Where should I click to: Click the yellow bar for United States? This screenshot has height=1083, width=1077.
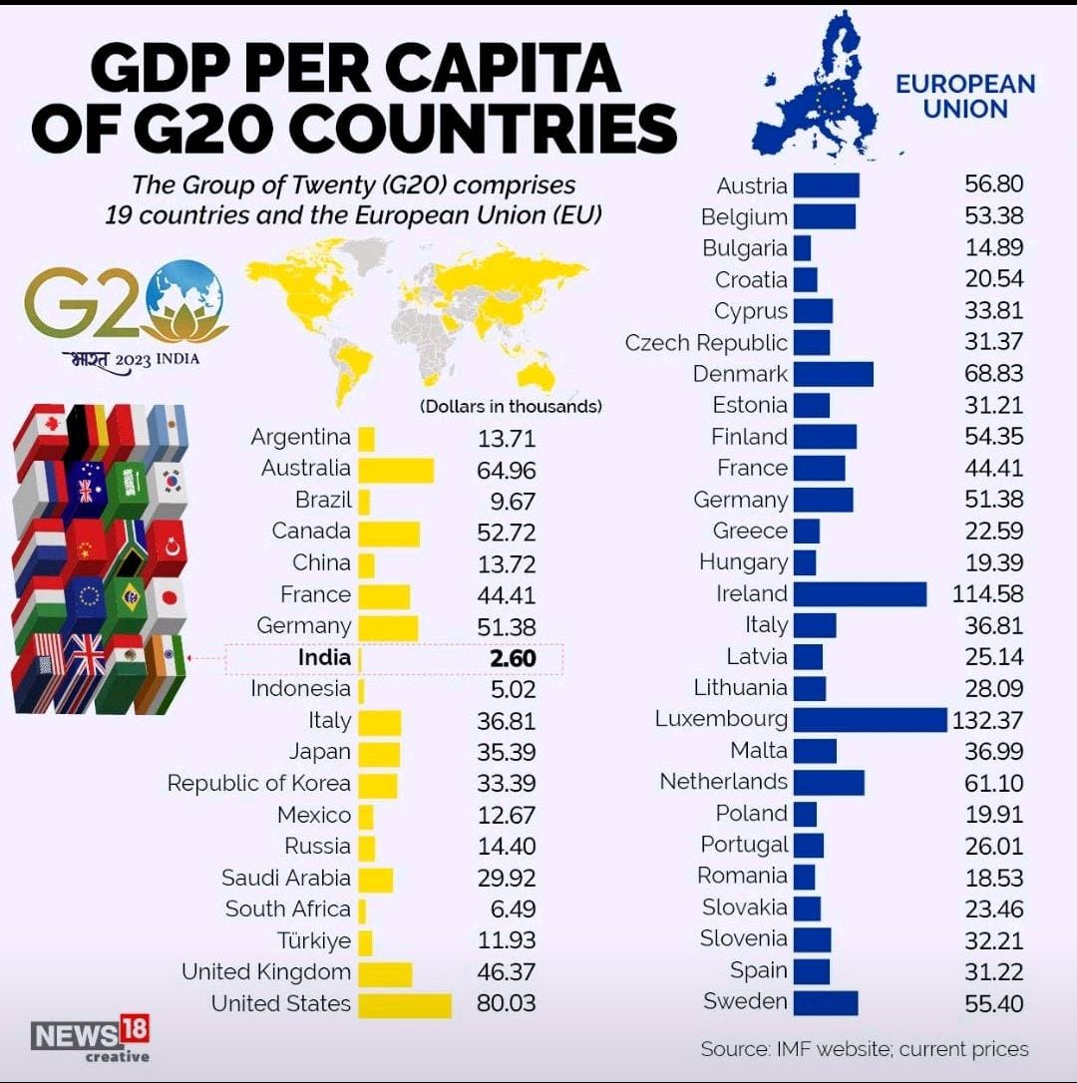coord(404,1004)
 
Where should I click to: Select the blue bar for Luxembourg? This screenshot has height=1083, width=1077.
coord(870,719)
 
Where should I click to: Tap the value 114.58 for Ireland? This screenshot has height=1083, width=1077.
coord(993,594)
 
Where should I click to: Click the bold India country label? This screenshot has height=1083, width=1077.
coord(324,658)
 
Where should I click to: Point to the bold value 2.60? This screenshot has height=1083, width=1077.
coord(506,658)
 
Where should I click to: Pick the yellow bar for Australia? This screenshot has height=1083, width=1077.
coord(395,469)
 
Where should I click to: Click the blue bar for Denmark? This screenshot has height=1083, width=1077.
coord(833,374)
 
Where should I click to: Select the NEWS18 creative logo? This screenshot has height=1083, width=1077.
coord(91,1038)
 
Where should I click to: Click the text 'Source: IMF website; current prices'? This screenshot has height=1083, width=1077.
coord(865,1049)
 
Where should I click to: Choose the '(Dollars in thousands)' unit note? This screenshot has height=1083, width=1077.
coord(511,407)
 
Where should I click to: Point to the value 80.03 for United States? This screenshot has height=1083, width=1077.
coord(506,1004)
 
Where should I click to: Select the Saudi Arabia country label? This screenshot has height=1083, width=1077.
coord(286,879)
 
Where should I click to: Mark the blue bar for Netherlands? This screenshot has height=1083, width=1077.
coord(829,782)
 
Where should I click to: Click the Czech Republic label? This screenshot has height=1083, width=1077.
coord(706,343)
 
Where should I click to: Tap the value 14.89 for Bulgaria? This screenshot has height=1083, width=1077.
coord(993,248)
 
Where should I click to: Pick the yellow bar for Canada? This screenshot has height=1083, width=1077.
coord(388,532)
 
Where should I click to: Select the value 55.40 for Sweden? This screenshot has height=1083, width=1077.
coord(993,1003)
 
